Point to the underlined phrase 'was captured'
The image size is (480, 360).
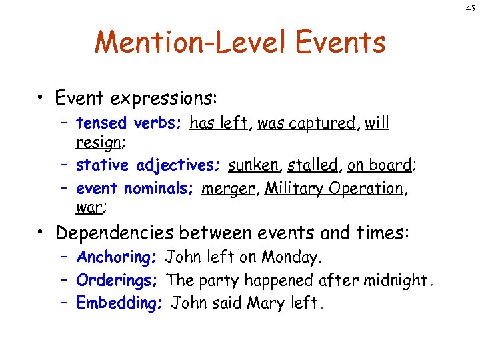coord(306,123)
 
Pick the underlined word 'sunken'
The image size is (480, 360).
coord(253,165)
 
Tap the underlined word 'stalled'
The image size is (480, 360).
coord(313,165)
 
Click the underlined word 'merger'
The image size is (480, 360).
coord(227,189)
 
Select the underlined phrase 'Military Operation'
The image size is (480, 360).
coord(334,189)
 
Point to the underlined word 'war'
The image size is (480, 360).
coord(89,207)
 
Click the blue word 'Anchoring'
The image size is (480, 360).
coord(115,257)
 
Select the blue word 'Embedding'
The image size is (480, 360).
coord(119,303)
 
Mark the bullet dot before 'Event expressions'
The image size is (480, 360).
coord(42,99)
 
